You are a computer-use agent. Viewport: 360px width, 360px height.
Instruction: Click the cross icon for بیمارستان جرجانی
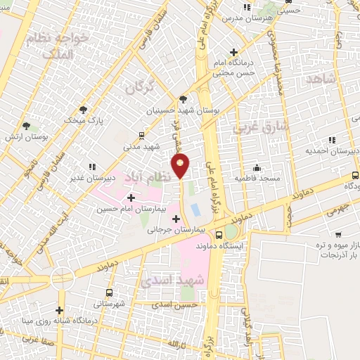[176, 219]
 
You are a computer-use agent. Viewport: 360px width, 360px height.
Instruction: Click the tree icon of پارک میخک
[84, 110]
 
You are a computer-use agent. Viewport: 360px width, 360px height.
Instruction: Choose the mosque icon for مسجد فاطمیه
[257, 168]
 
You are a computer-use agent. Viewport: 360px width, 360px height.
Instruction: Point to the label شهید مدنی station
[142, 146]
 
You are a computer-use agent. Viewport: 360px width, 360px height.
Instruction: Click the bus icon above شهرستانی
[108, 292]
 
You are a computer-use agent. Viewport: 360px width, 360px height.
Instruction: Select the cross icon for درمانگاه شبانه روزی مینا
[60, 310]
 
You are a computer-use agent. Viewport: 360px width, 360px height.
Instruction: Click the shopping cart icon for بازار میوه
[339, 234]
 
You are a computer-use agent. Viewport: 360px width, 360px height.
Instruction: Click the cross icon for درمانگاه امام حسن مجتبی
[234, 53]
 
